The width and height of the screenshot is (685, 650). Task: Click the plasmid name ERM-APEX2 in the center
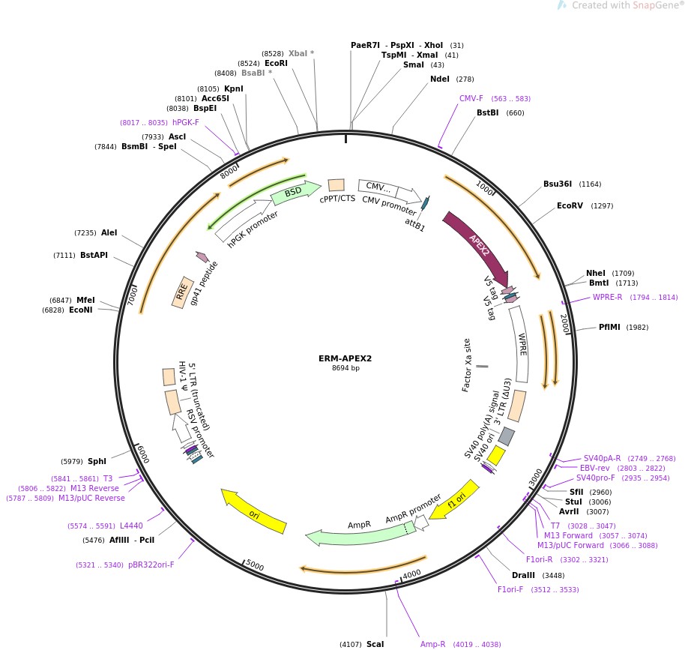[x=345, y=358]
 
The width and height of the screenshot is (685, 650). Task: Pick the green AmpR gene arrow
[x=360, y=529]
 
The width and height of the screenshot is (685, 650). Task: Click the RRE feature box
[x=182, y=292]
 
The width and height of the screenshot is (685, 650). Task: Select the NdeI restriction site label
[x=441, y=79]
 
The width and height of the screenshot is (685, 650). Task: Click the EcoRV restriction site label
[x=570, y=205]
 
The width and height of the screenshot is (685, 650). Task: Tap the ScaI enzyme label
[x=375, y=644]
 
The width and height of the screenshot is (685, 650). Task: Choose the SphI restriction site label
[x=97, y=461]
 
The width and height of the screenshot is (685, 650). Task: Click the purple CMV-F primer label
[x=471, y=98]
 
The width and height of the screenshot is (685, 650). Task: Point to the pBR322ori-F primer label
[x=151, y=565]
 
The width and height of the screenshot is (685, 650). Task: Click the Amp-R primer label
[x=432, y=644]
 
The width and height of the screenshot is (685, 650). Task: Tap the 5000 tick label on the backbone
[x=256, y=565]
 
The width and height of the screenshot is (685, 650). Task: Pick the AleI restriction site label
[x=109, y=232]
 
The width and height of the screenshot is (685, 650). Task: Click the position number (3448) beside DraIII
[x=553, y=576]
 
